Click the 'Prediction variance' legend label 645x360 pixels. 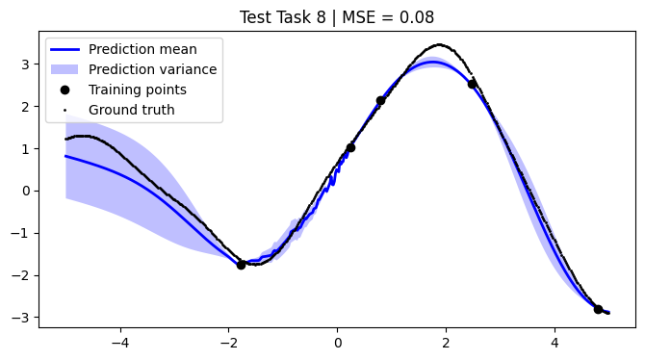pyautogui.click(x=152, y=69)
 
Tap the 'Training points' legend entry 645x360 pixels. pyautogui.click(x=137, y=90)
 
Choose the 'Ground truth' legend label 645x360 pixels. pyautogui.click(x=131, y=110)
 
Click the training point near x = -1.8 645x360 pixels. pyautogui.click(x=241, y=265)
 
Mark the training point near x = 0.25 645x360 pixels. pyautogui.click(x=350, y=147)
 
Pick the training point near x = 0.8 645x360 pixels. pyautogui.click(x=380, y=100)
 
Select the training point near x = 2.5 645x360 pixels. pyautogui.click(x=472, y=84)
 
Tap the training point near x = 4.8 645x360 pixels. pyautogui.click(x=598, y=309)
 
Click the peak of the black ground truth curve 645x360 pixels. pyautogui.click(x=440, y=44)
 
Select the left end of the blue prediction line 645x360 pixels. pyautogui.click(x=65, y=156)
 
